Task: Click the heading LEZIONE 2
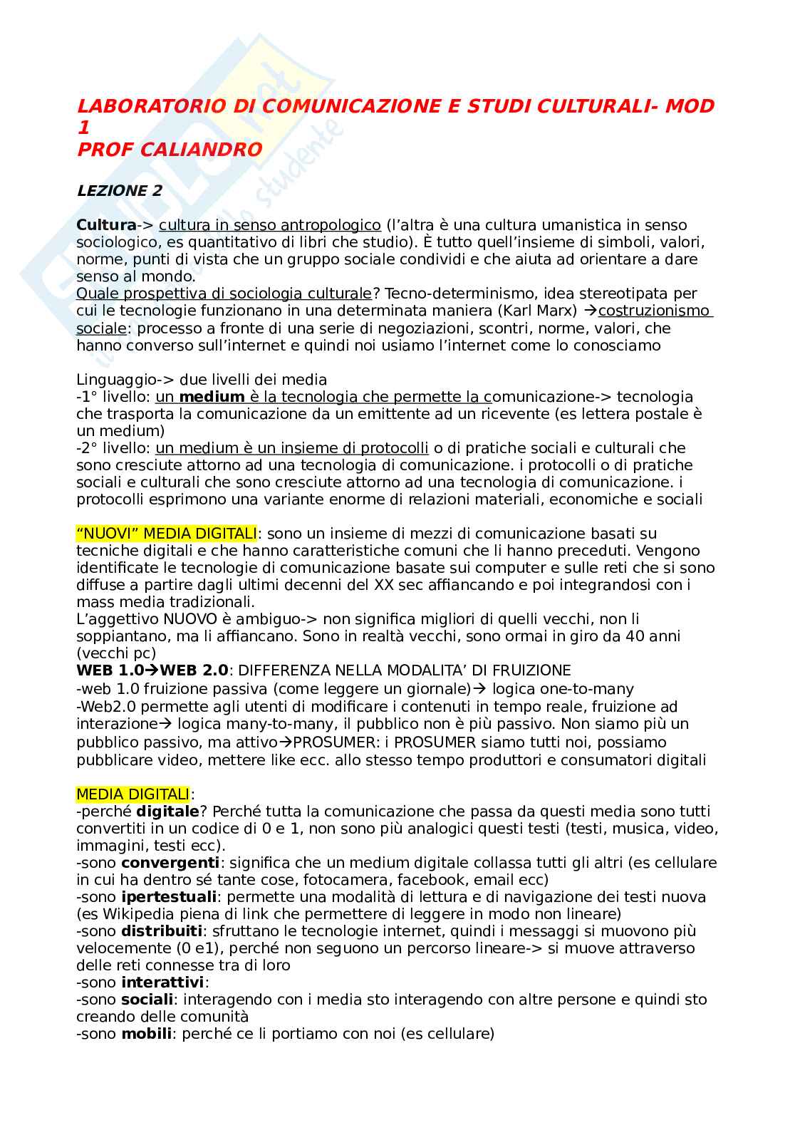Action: (x=119, y=191)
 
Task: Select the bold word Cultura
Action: (x=106, y=225)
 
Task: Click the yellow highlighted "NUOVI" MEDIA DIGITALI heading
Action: (x=167, y=534)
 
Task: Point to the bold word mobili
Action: (x=146, y=1034)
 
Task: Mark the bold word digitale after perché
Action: (x=167, y=812)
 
